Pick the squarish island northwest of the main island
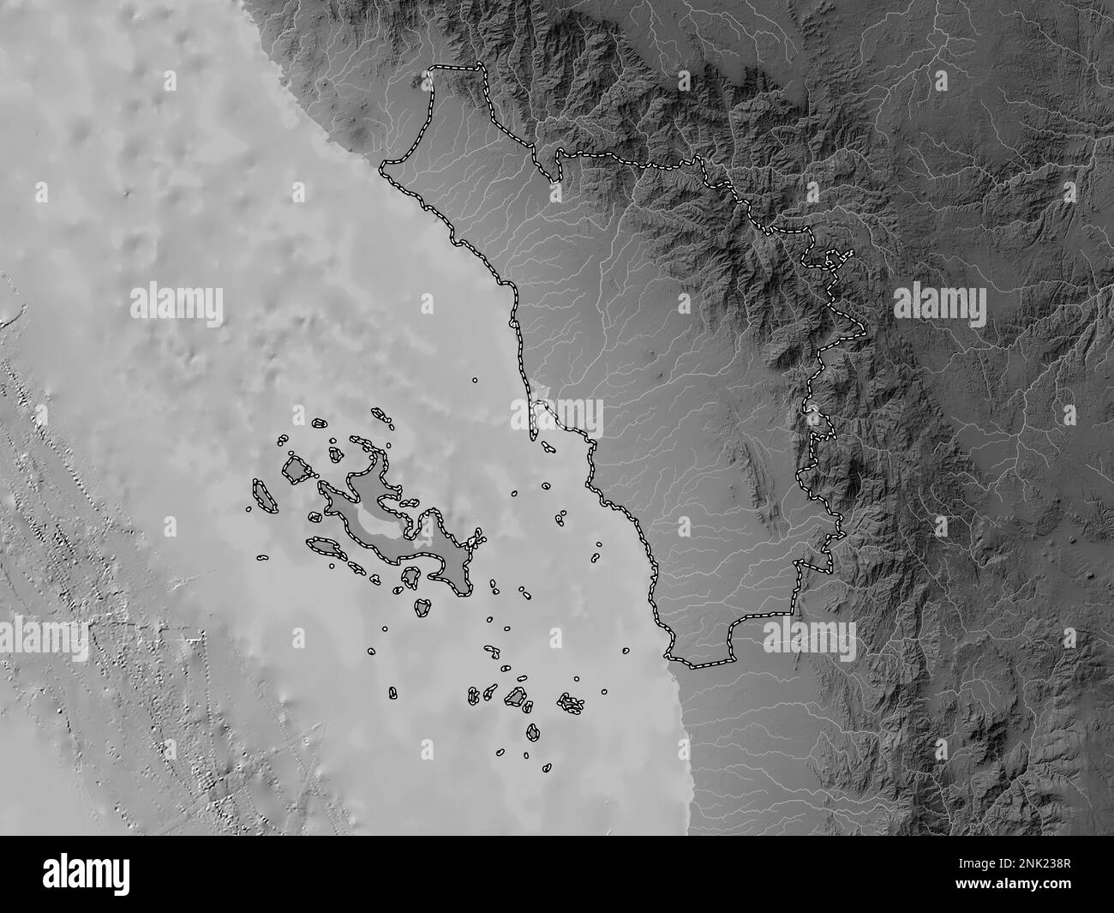pos(296,470)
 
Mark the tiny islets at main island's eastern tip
pos(476,539)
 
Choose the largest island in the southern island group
pos(515,696)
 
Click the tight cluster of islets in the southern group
pos(571,704)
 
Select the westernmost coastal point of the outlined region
pos(383,163)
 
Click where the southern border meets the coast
pos(668,656)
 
